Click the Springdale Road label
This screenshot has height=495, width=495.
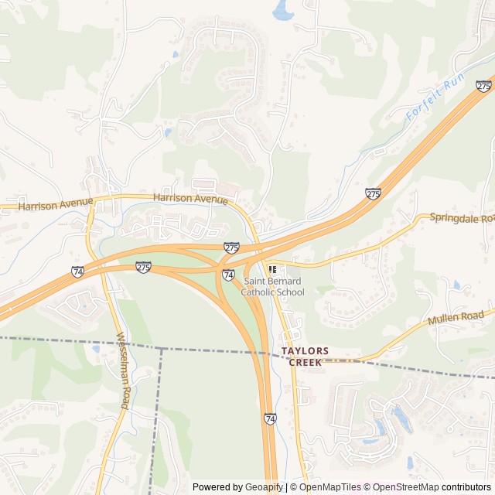(x=462, y=219)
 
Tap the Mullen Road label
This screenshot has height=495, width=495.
(x=456, y=317)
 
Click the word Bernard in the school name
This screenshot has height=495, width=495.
(x=283, y=282)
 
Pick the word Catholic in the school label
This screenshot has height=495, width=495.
(x=260, y=292)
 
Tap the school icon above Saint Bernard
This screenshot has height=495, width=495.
(x=271, y=268)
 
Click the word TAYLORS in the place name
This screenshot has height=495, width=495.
(x=305, y=351)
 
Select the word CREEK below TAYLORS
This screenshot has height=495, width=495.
(x=305, y=362)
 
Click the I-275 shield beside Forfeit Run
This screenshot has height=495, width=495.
(x=484, y=86)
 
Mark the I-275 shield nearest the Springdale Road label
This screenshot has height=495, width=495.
(x=374, y=193)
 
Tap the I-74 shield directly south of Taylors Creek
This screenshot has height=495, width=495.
(x=269, y=418)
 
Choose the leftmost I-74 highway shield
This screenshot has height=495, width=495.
(x=77, y=271)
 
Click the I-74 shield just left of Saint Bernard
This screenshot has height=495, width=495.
(x=228, y=275)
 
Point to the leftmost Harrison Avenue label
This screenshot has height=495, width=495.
(x=56, y=206)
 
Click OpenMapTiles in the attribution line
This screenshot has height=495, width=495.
(x=329, y=487)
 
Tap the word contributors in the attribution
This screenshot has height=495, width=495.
(x=467, y=487)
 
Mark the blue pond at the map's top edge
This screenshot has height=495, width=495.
(x=282, y=9)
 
